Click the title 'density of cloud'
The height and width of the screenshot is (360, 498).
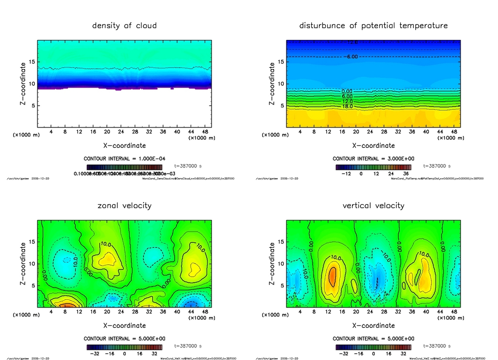click(124, 25)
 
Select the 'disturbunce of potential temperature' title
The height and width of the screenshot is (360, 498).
click(373, 25)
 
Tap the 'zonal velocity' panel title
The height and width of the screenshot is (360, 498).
click(124, 205)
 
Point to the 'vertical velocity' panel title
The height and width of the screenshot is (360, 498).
click(373, 205)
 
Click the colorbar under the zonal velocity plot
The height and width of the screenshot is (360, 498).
click(124, 347)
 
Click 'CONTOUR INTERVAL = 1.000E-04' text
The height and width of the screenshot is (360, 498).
click(124, 159)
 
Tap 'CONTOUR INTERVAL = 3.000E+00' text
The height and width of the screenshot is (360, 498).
click(373, 159)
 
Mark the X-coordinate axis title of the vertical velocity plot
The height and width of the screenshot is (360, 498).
click(373, 325)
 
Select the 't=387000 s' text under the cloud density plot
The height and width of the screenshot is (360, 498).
click(188, 166)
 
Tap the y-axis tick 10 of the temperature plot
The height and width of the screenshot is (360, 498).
click(281, 84)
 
